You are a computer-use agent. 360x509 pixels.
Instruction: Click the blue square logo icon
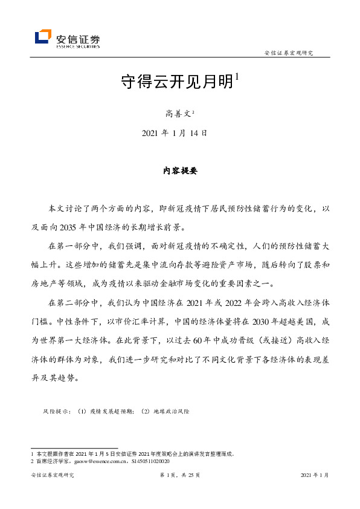pos(43,37)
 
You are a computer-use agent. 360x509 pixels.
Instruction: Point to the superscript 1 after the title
pos(238,77)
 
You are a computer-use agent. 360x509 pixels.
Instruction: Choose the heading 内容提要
pos(180,170)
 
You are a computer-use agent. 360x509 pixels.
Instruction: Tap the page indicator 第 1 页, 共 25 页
pos(180,476)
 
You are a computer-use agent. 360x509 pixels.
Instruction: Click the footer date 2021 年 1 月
pos(315,476)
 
